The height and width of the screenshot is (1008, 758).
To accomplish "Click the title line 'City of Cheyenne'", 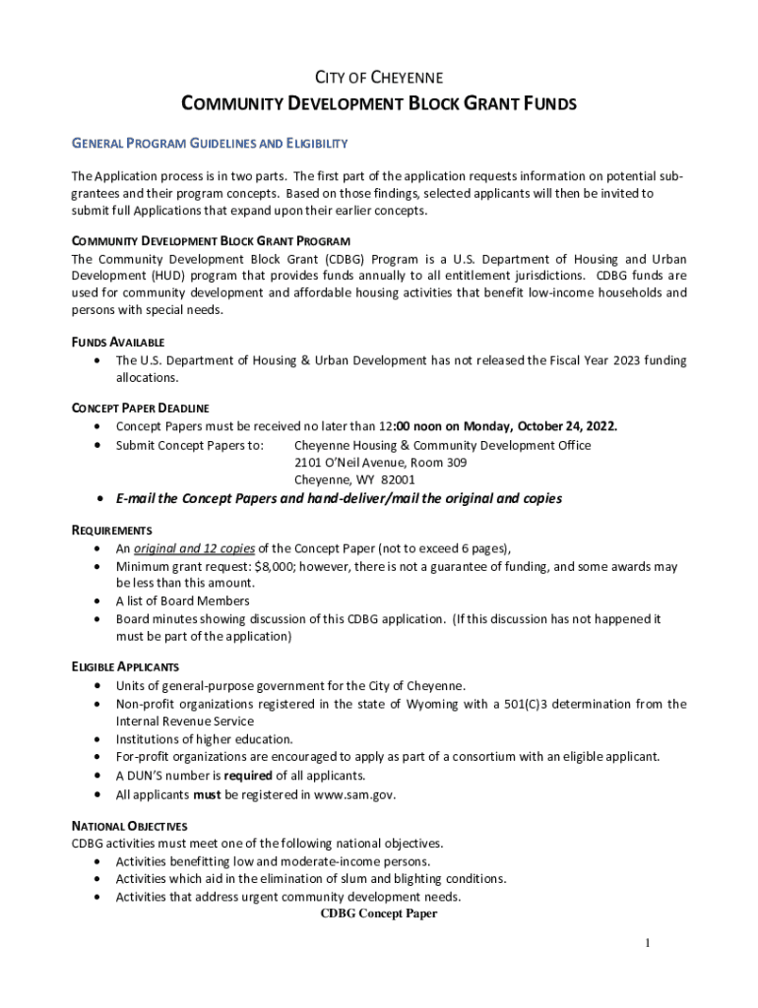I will pyautogui.click(x=378, y=77).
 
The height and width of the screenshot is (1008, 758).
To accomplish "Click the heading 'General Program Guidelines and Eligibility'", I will pyautogui.click(x=210, y=144).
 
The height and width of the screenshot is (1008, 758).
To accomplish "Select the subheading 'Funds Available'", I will pyautogui.click(x=109, y=342).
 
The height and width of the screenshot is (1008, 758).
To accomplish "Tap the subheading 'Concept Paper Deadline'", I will pyautogui.click(x=140, y=408).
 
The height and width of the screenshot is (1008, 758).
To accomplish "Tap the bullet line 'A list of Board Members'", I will pyautogui.click(x=182, y=600).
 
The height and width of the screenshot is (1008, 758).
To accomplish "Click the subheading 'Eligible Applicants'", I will pyautogui.click(x=124, y=666).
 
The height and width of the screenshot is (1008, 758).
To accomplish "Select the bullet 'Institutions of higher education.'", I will pyautogui.click(x=204, y=739).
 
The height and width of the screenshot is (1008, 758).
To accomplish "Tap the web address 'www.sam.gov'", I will pyautogui.click(x=354, y=793).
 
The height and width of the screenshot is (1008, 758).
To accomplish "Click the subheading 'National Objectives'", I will pyautogui.click(x=129, y=826).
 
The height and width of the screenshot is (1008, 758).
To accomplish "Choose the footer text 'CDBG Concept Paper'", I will pyautogui.click(x=378, y=913).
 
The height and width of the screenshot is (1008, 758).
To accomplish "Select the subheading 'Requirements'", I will pyautogui.click(x=111, y=530).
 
